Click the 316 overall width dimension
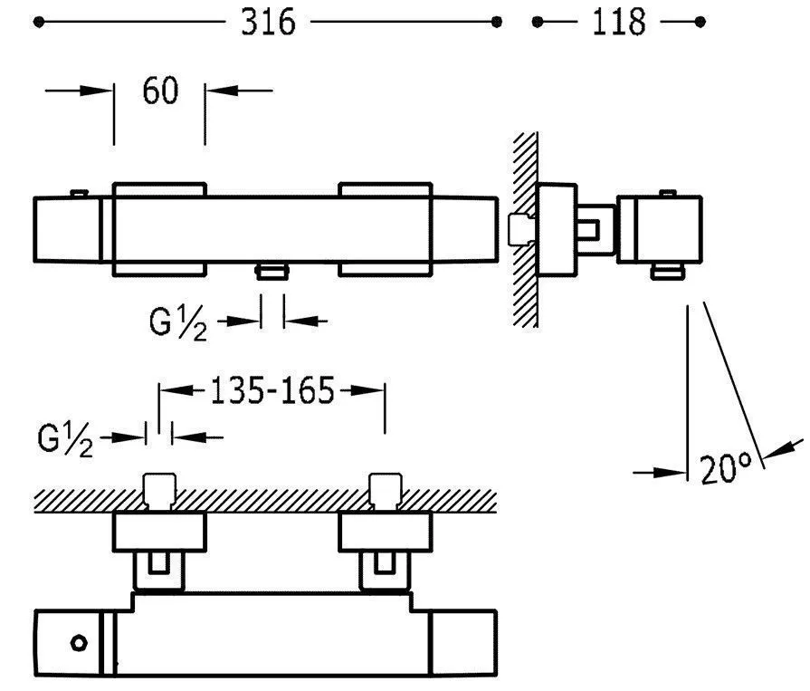click(x=268, y=22)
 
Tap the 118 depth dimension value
click(x=619, y=22)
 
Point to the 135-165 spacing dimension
click(x=272, y=391)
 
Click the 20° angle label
click(x=726, y=469)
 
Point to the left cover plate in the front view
click(x=159, y=230)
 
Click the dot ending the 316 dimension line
click(x=496, y=22)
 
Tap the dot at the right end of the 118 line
click(x=699, y=22)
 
